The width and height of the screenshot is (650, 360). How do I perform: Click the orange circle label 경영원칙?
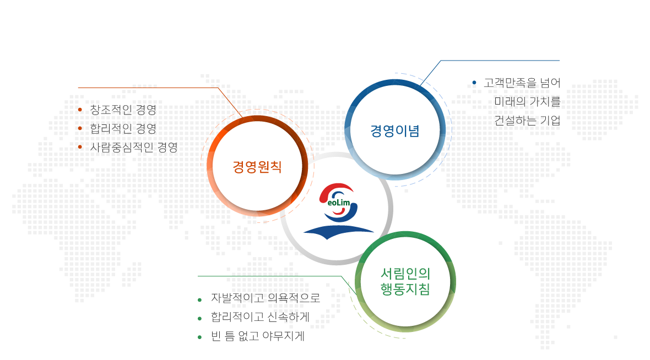tap(257, 167)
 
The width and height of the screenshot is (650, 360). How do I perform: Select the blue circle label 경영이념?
tap(395, 131)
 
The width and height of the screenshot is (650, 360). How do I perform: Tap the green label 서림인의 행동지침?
tap(405, 281)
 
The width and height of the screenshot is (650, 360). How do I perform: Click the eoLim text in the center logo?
tap(339, 203)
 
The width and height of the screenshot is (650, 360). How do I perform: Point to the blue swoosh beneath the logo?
tap(339, 232)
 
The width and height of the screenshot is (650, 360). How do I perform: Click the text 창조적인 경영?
tap(123, 110)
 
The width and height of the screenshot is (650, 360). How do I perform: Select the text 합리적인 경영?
tap(123, 128)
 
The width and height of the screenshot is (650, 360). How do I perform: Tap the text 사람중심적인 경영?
tap(134, 147)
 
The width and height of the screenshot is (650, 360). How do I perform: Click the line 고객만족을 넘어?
tap(522, 83)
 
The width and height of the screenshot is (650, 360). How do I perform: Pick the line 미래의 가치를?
tap(527, 101)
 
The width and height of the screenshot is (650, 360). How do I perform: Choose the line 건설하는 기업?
tap(527, 121)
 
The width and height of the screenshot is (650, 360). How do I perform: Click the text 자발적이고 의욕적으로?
tap(266, 298)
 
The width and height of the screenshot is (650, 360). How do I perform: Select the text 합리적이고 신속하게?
tap(261, 317)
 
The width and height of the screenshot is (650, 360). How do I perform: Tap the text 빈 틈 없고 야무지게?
tap(258, 336)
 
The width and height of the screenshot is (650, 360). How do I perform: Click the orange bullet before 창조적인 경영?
tap(80, 110)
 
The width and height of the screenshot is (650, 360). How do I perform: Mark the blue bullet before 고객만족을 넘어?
tap(474, 83)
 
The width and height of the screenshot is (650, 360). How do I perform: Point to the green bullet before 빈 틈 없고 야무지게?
tap(200, 337)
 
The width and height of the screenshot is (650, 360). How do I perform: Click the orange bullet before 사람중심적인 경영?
tap(80, 146)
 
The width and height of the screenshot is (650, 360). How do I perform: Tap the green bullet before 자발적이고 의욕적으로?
tap(200, 299)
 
